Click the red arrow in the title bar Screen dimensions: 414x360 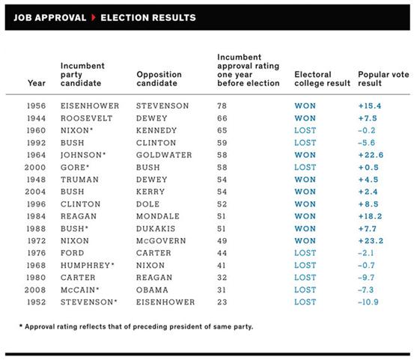(93, 18)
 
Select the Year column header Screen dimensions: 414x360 (37, 83)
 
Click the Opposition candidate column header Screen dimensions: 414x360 (159, 79)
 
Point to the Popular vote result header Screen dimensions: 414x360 (383, 79)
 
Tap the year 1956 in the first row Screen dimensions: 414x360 (37, 106)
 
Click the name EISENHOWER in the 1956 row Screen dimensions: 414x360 (90, 106)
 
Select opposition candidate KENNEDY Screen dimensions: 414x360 (156, 130)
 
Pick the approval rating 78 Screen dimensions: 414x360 (222, 106)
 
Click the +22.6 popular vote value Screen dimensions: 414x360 (371, 155)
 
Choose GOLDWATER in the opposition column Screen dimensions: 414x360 (164, 155)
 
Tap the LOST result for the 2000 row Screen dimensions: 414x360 (305, 168)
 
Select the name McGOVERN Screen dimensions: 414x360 (161, 241)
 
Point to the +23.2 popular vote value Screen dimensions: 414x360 (371, 241)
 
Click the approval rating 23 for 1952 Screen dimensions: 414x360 (222, 302)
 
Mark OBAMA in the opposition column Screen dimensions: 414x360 (152, 290)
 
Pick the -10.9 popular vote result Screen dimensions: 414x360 (368, 302)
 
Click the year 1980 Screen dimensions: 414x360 (36, 278)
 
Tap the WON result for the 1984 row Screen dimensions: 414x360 (305, 216)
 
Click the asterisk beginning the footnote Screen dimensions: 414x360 (21, 326)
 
